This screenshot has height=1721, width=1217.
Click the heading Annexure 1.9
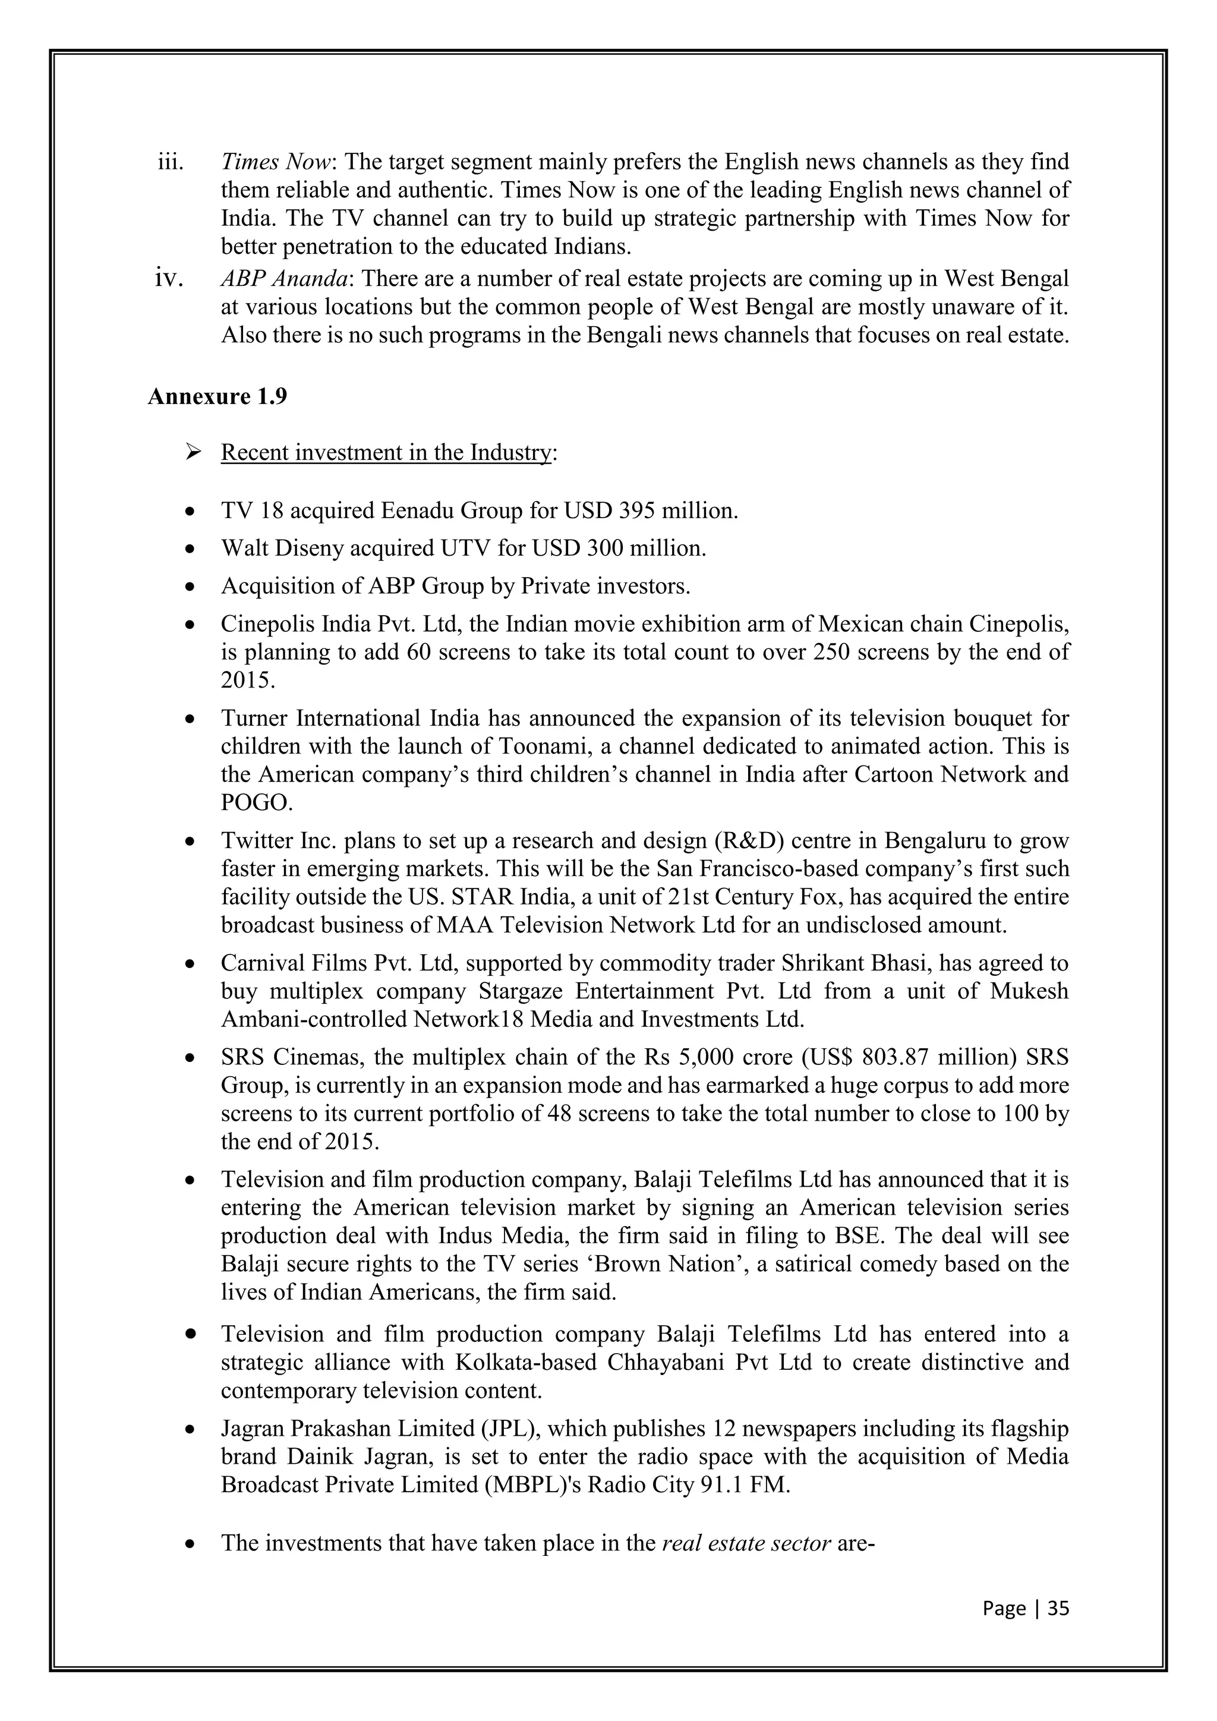click(217, 396)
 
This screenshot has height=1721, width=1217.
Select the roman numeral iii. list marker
click(170, 162)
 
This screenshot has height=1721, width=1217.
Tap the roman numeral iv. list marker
click(169, 279)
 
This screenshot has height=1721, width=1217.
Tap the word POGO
click(255, 803)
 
